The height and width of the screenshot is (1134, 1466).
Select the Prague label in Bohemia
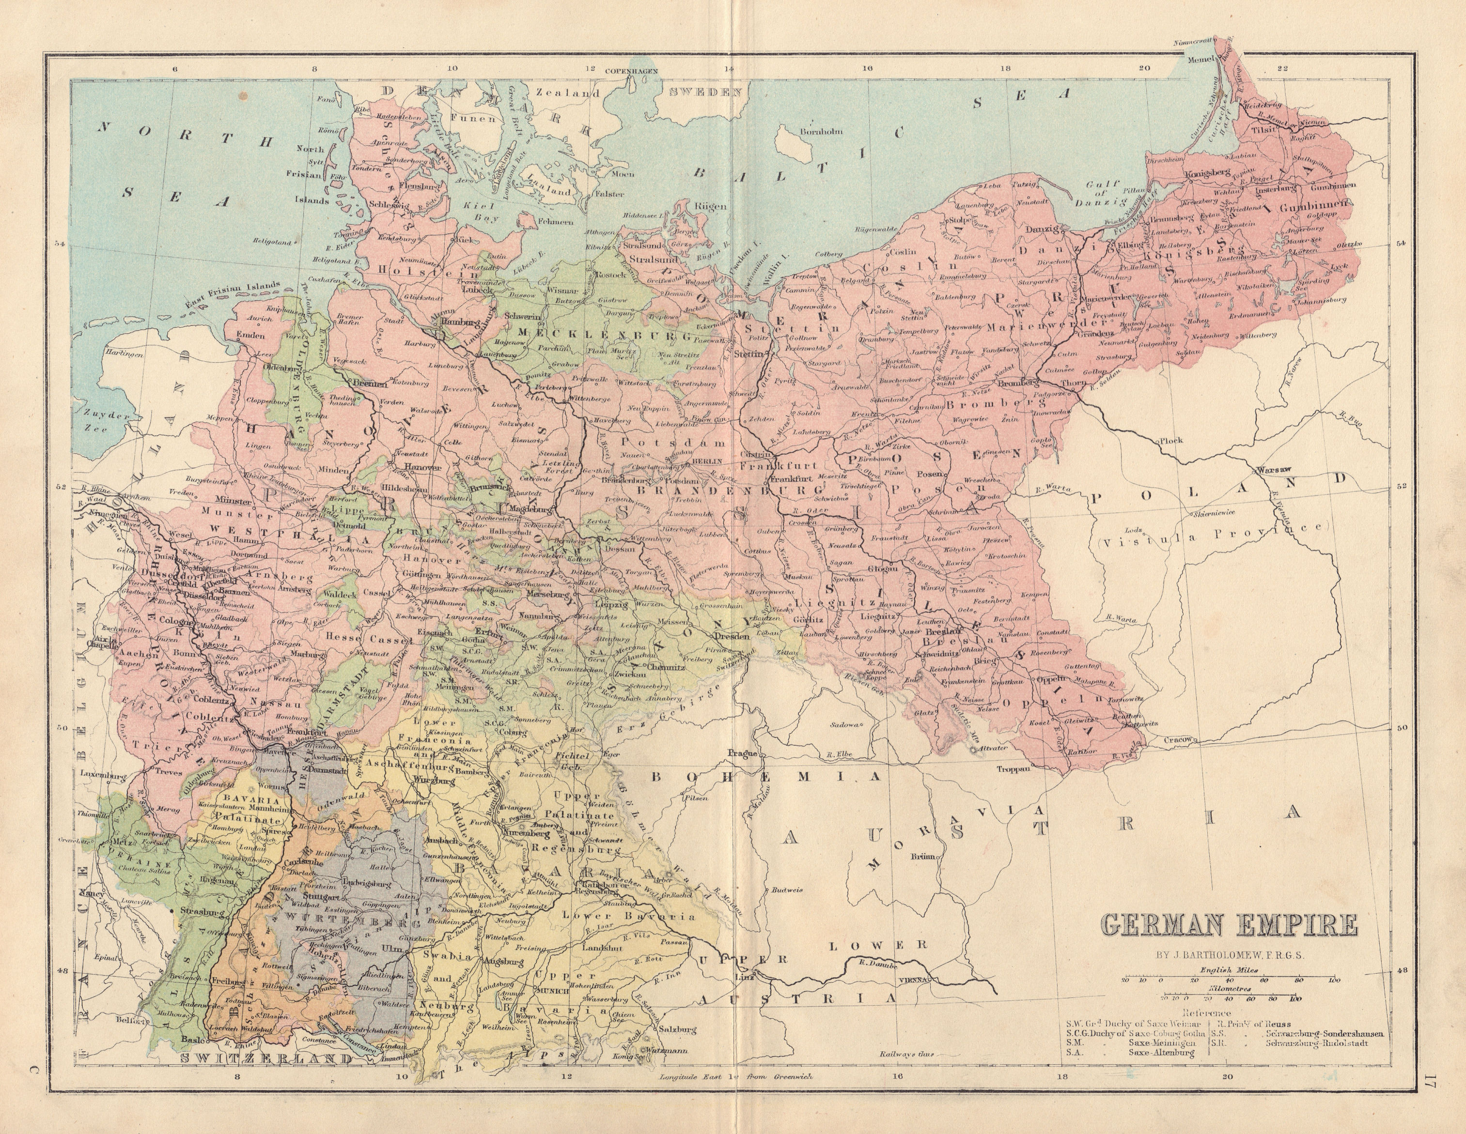(x=745, y=753)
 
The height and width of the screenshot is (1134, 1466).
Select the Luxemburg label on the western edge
(x=102, y=774)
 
